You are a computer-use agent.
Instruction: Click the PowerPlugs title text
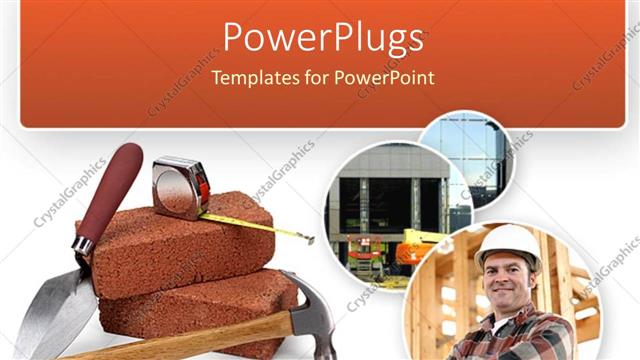322,38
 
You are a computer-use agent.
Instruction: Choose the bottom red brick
200,305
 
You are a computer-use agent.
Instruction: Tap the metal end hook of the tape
311,239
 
